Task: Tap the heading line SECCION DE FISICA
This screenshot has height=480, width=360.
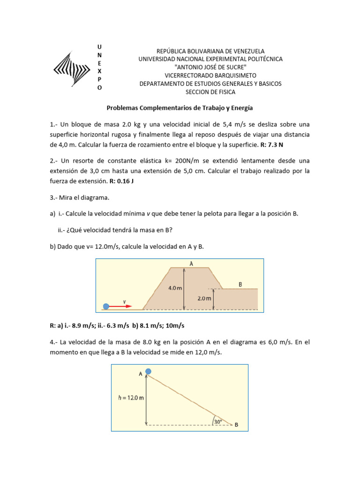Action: point(210,92)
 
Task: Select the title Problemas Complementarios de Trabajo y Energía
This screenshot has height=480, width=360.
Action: point(180,108)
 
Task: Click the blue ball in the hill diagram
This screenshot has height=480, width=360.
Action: point(106,306)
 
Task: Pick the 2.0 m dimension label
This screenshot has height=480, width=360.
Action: point(205,298)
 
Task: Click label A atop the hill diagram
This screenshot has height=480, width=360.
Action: point(191,264)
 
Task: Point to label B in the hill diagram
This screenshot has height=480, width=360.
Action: point(240,284)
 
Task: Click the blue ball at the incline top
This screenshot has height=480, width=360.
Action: point(148,371)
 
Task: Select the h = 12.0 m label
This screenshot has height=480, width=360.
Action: point(130,397)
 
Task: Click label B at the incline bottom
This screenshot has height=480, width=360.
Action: point(236,425)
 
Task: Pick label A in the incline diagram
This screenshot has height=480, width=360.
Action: point(140,374)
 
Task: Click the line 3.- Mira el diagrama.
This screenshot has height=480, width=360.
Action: point(79,198)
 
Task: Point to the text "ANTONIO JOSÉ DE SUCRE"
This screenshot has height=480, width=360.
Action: point(210,67)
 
